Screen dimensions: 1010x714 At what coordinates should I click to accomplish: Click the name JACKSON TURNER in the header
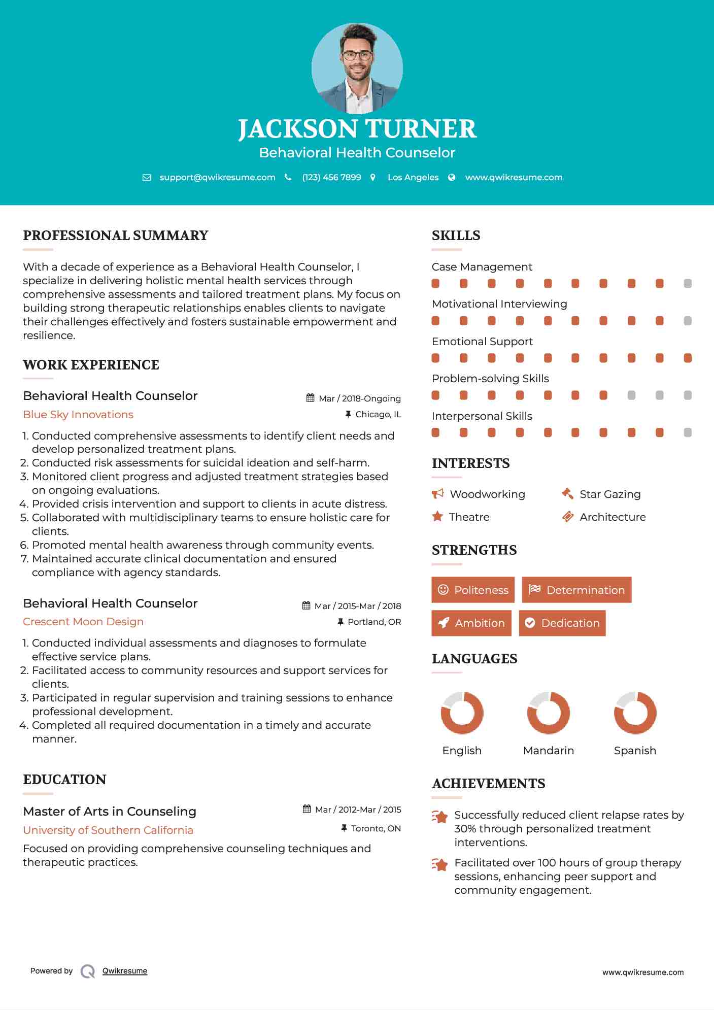357,129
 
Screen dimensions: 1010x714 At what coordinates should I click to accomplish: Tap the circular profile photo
357,68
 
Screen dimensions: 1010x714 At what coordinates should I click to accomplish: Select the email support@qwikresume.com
217,177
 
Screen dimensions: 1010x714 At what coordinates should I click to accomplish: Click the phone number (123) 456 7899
331,177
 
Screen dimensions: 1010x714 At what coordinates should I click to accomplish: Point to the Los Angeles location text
413,177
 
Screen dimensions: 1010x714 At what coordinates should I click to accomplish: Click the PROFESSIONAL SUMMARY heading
116,235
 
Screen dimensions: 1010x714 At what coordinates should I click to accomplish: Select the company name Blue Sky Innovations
78,415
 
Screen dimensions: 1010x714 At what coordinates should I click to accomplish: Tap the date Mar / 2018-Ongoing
359,398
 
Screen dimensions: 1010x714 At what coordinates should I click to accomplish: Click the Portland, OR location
374,622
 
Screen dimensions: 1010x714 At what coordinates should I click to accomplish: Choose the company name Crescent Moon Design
83,622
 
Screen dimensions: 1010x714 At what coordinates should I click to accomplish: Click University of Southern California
108,830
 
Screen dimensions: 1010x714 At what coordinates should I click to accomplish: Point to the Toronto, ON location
376,828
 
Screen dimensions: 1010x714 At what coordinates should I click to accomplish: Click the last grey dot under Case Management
688,284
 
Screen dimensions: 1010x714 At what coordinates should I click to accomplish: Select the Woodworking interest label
487,494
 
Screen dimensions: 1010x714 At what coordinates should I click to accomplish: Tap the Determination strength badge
576,590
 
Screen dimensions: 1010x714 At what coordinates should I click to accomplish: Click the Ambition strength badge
471,623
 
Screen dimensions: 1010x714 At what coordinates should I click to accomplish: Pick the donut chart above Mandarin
549,713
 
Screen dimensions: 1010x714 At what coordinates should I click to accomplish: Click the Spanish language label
635,750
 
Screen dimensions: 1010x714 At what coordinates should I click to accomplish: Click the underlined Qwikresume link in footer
125,971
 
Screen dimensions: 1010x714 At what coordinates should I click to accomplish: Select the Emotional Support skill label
482,342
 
